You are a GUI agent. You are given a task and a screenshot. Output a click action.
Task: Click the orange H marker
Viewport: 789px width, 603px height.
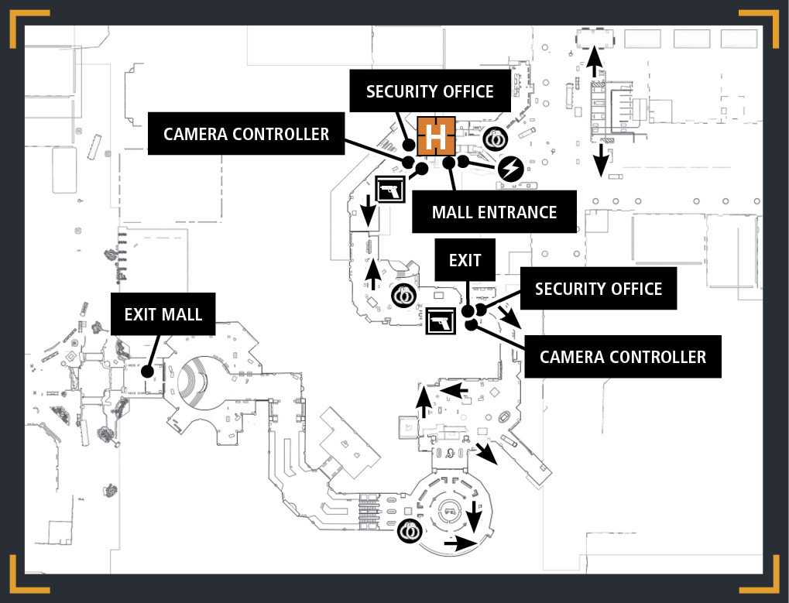pos(436,136)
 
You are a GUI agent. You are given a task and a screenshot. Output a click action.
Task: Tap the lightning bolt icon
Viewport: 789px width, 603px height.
pos(511,169)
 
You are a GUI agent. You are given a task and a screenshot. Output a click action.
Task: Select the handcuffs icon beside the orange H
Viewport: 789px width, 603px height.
pos(495,139)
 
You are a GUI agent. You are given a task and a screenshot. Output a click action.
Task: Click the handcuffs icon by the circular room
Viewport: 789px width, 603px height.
pos(410,530)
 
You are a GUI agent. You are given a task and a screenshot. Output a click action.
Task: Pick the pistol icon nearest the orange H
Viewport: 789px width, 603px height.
pos(390,190)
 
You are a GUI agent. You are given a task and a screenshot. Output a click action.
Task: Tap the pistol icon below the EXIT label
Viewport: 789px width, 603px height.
pos(441,321)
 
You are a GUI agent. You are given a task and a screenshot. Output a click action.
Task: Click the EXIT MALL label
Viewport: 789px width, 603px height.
pos(163,314)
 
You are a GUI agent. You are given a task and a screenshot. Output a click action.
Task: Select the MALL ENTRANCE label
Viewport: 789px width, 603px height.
pos(494,212)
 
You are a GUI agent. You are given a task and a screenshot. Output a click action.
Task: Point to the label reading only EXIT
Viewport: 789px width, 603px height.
pos(465,260)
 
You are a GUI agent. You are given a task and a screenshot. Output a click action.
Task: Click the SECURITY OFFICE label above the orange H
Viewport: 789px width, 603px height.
pos(430,91)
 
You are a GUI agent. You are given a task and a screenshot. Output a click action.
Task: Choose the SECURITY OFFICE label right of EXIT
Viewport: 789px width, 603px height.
pos(599,289)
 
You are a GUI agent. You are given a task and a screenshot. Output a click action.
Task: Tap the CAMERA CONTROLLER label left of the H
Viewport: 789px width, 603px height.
pos(246,134)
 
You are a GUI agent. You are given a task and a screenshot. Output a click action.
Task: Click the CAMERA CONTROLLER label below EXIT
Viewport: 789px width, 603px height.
pos(623,357)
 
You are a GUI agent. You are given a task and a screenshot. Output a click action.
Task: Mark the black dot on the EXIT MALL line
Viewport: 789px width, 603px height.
pos(147,372)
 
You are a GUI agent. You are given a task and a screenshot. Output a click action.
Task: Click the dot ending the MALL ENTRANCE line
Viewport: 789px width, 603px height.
pos(449,163)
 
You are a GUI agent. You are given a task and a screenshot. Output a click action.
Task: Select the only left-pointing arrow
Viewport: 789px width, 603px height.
pos(455,390)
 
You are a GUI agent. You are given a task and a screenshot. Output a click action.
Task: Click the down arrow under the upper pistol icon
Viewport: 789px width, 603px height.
pos(369,211)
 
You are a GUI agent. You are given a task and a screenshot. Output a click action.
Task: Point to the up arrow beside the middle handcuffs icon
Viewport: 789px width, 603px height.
pos(373,274)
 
